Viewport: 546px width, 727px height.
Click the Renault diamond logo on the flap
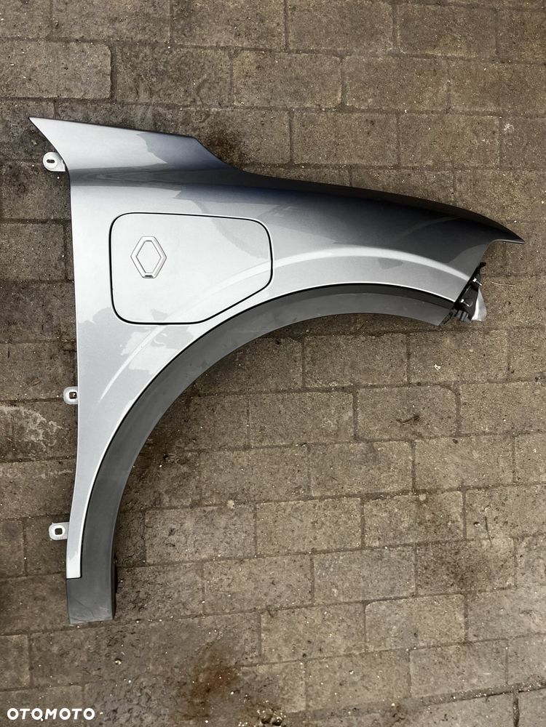point(149,257)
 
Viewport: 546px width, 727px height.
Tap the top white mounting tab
point(54,162)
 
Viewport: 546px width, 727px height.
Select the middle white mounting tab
point(71,395)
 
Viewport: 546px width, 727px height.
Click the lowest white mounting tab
point(59,531)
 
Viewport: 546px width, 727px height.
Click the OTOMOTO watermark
point(51,714)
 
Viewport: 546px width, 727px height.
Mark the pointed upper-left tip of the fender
point(31,119)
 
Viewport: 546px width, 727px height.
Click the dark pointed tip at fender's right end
point(521,241)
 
